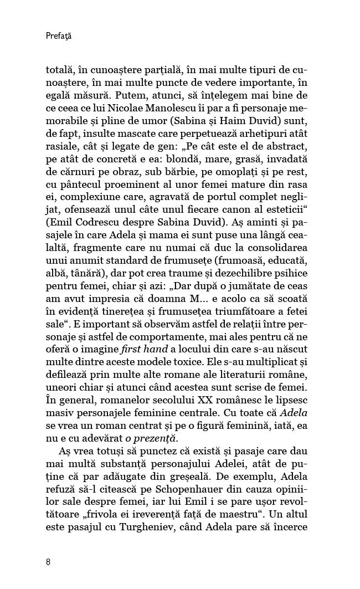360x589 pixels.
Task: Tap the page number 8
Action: (49, 561)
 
